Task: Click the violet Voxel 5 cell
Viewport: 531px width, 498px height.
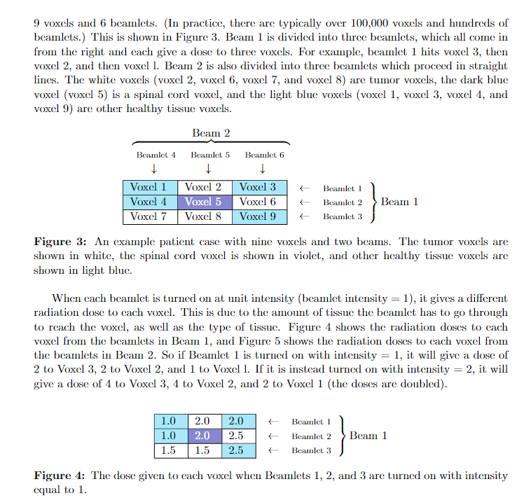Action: coord(203,202)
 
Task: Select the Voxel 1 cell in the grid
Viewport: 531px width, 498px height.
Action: coord(149,187)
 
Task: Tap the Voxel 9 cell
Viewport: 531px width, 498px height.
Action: coord(258,216)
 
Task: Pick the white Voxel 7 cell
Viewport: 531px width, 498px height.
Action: coord(149,216)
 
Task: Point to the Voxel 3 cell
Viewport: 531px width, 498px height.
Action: coord(258,187)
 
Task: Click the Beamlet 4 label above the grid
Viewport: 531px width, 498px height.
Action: coord(156,154)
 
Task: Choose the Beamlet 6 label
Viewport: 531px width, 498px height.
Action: coord(264,154)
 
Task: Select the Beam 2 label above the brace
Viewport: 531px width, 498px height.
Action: coord(211,133)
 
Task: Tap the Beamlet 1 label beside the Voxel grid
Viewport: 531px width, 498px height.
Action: coord(343,188)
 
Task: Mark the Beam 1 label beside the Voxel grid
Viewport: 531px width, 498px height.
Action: coord(399,202)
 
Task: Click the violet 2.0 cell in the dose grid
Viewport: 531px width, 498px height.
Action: coord(202,436)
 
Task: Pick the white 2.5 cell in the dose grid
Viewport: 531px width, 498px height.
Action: coord(235,436)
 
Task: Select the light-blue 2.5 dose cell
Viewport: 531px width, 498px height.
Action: coord(235,450)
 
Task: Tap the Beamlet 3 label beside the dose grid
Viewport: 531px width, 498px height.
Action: coord(312,450)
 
